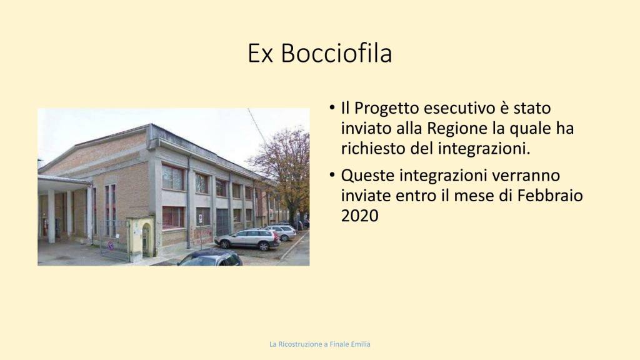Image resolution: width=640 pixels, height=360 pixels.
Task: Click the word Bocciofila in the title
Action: pyautogui.click(x=336, y=53)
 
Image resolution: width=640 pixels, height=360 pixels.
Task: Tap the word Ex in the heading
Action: pyautogui.click(x=260, y=54)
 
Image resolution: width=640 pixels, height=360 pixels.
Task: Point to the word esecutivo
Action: pyautogui.click(x=459, y=108)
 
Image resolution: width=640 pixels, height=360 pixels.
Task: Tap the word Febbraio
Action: pyautogui.click(x=550, y=196)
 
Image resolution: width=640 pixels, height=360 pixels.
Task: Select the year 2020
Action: pyautogui.click(x=359, y=216)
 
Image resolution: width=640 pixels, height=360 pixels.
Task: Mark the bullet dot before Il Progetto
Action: pyautogui.click(x=332, y=108)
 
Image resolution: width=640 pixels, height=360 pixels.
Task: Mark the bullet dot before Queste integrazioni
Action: pyautogui.click(x=332, y=176)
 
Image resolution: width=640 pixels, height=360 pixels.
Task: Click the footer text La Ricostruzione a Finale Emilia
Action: pyautogui.click(x=319, y=344)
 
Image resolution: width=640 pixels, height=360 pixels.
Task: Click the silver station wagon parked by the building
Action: pyautogui.click(x=247, y=239)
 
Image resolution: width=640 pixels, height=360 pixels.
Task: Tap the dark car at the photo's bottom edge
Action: pyautogui.click(x=209, y=258)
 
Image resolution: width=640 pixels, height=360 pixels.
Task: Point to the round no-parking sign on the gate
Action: pyautogui.click(x=110, y=245)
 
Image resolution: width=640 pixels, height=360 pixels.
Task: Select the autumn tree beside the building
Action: pyautogui.click(x=284, y=171)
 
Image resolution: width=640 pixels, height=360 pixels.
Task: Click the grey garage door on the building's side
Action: pyautogui.click(x=222, y=222)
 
